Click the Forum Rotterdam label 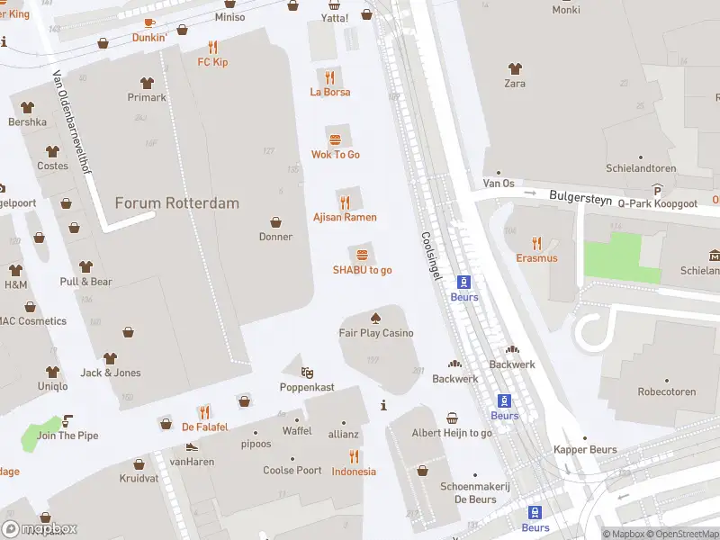(x=177, y=202)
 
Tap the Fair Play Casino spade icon (x=375, y=318)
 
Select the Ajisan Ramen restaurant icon (x=344, y=202)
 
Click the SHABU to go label (x=362, y=270)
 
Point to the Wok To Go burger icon (x=336, y=139)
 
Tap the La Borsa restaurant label (x=330, y=92)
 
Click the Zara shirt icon (x=515, y=68)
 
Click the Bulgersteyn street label (x=580, y=194)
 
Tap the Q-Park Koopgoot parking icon (x=658, y=190)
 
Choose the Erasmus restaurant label (x=536, y=258)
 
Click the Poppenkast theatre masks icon (x=307, y=372)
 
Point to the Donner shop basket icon (x=275, y=221)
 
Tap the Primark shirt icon (x=147, y=82)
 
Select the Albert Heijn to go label (x=452, y=433)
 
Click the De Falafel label (x=205, y=427)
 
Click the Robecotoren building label (x=667, y=392)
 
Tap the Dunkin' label (x=149, y=38)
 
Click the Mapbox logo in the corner (x=40, y=528)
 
